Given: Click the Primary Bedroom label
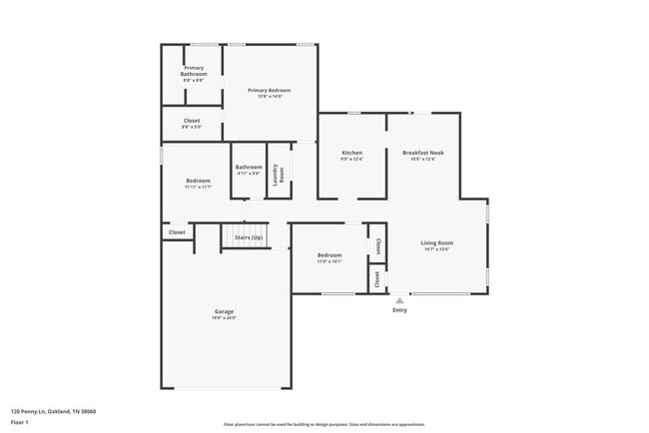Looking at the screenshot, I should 271,90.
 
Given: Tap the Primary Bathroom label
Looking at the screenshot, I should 193,71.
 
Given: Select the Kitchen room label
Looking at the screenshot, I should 351,153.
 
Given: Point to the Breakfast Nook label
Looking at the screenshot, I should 423,153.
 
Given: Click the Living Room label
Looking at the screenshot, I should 436,242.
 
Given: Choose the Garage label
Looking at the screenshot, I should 224,311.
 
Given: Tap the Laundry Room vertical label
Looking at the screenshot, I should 282,173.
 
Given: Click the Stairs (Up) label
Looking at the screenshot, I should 249,237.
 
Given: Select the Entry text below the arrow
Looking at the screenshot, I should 399,310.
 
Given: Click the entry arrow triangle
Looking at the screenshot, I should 399,299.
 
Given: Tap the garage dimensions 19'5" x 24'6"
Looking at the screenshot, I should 224,318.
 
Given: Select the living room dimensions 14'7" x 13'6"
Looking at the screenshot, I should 436,249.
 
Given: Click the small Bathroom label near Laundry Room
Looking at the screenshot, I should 249,167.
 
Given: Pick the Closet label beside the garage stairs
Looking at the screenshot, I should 177,232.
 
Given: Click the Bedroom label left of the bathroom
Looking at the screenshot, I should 198,181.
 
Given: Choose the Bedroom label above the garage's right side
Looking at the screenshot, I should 329,255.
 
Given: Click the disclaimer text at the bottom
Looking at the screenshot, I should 324,425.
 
